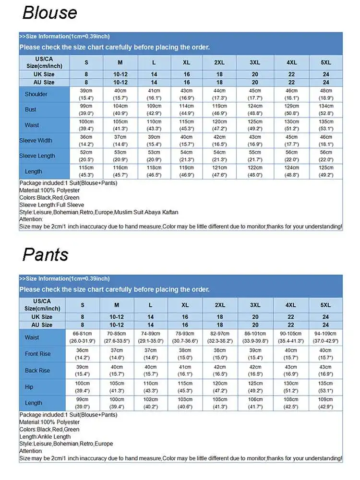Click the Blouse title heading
click(x=49, y=12)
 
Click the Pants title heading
click(x=45, y=254)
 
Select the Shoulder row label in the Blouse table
click(x=36, y=94)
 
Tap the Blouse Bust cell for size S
click(x=86, y=109)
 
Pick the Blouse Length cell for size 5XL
click(x=326, y=171)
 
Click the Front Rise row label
click(x=37, y=354)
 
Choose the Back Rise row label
click(x=37, y=371)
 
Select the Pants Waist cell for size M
click(x=117, y=337)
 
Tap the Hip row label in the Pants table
click(x=29, y=387)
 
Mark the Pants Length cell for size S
click(x=83, y=403)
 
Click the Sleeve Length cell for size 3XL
click(x=255, y=156)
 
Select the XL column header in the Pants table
click(x=185, y=305)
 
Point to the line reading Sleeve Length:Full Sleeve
click(x=52, y=205)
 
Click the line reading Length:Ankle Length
click(x=45, y=437)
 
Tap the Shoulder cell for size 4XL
click(x=291, y=94)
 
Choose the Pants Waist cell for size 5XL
click(x=326, y=337)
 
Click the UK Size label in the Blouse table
click(x=44, y=74)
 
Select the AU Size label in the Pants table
click(x=42, y=325)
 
